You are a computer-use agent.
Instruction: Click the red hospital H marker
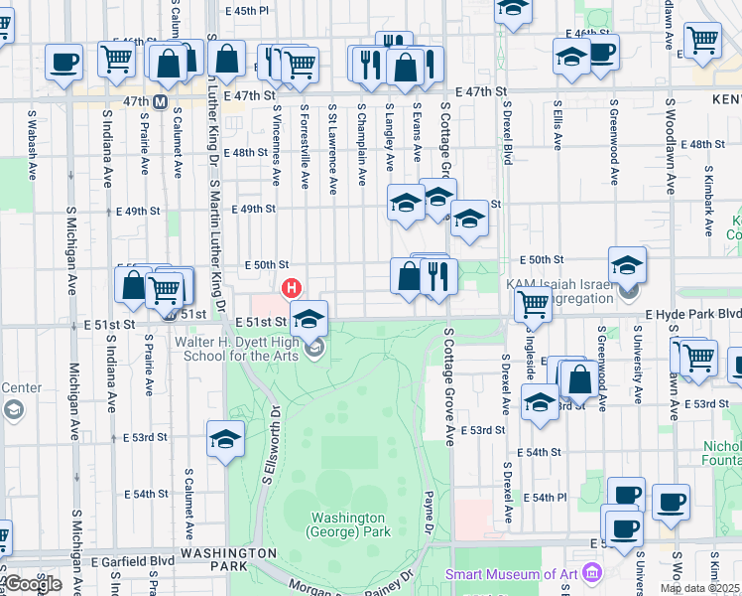[x=292, y=289]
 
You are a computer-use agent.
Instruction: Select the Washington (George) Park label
[x=347, y=524]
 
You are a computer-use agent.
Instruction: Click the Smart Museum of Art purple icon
[x=593, y=573]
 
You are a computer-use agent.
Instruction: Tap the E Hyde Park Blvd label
[x=692, y=314]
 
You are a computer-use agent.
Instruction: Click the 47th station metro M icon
[x=159, y=101]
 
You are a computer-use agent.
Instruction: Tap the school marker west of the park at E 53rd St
[x=225, y=438]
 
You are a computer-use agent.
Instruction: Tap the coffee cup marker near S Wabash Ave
[x=64, y=62]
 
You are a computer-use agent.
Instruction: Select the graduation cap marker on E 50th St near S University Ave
[x=627, y=264]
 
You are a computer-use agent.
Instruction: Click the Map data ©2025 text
[x=699, y=588]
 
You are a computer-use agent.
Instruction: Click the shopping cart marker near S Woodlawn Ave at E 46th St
[x=702, y=40]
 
